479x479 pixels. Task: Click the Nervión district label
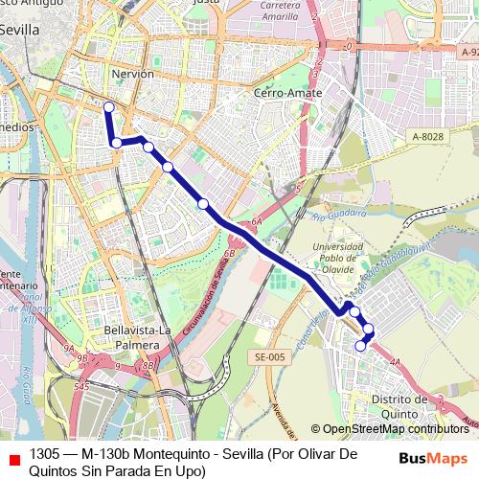[x=132, y=74]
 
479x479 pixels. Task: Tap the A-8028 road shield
[x=429, y=137]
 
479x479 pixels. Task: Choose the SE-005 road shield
[x=271, y=356]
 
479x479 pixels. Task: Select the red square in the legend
[x=13, y=455]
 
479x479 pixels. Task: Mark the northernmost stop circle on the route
[x=109, y=107]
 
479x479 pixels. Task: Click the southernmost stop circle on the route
[x=361, y=346]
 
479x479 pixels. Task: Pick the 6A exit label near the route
[x=257, y=222]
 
